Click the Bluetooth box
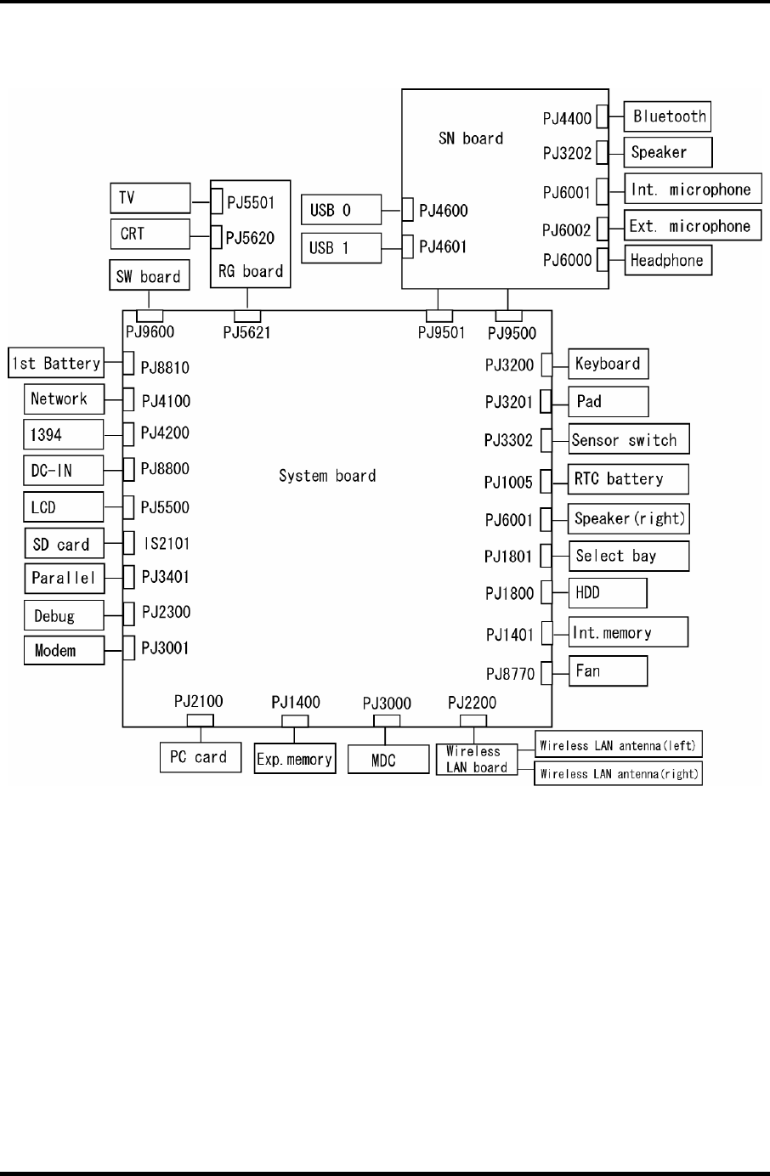click(667, 116)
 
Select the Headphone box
click(667, 260)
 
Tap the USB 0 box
click(341, 210)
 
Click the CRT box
click(150, 234)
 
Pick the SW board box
click(149, 276)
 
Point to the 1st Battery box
click(56, 364)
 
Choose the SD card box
click(64, 544)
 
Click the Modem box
click(64, 650)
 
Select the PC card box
click(199, 757)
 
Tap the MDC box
click(388, 760)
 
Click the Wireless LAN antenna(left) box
click(618, 745)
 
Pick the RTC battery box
click(628, 478)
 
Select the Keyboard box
click(608, 364)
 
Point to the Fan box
click(608, 670)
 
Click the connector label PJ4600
click(443, 211)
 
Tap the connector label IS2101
click(166, 543)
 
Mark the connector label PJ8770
click(510, 674)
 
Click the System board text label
click(327, 476)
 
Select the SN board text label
click(471, 139)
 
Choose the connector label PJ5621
click(246, 332)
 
